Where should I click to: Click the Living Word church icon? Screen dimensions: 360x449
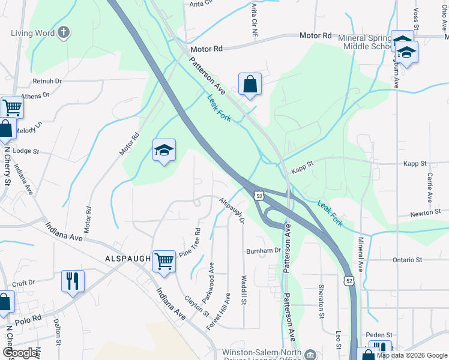click(64, 33)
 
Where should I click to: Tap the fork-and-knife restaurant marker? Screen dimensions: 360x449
click(73, 281)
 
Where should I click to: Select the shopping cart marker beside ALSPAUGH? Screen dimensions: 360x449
click(163, 261)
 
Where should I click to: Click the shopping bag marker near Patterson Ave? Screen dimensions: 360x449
click(250, 84)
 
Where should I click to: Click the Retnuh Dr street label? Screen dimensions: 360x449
click(47, 80)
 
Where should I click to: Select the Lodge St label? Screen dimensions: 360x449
click(25, 152)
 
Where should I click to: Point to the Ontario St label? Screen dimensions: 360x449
click(408, 260)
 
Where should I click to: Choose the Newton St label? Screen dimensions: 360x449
click(426, 213)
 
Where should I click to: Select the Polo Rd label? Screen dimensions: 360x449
click(29, 316)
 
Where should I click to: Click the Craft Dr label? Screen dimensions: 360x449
click(24, 283)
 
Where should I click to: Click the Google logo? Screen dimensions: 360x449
click(20, 353)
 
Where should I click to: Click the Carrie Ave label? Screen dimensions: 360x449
click(430, 188)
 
